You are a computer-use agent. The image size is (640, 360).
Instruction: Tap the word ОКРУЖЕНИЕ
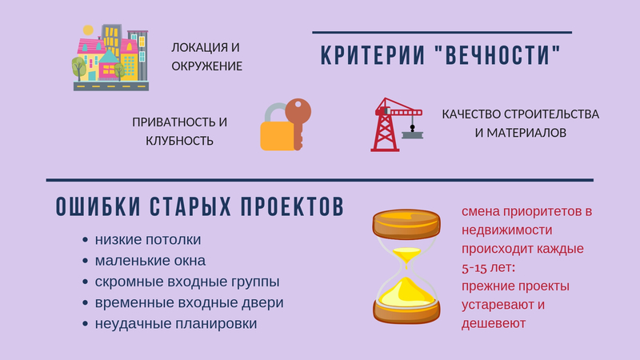coord(207,66)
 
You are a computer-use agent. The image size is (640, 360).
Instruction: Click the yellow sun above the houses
coord(88,30)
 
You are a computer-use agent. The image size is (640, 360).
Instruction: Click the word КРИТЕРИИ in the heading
coord(373,56)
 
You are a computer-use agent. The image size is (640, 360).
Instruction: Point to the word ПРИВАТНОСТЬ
coord(174,122)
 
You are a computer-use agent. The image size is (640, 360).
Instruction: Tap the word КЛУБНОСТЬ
coord(179,141)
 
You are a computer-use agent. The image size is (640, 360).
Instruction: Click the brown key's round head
coord(298,110)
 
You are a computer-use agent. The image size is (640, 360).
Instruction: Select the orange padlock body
coord(277,136)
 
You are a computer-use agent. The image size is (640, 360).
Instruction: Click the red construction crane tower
coord(385,126)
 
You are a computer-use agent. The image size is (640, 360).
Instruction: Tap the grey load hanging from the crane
coord(413,134)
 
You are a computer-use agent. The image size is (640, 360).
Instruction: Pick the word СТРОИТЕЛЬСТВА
coord(551,114)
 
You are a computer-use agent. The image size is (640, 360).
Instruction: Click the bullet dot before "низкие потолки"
coord(85,239)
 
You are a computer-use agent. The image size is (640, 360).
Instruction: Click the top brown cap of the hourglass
coord(406,224)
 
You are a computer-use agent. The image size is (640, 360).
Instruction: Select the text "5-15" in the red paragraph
coord(474,268)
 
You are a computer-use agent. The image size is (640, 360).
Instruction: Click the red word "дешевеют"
coord(494,324)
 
